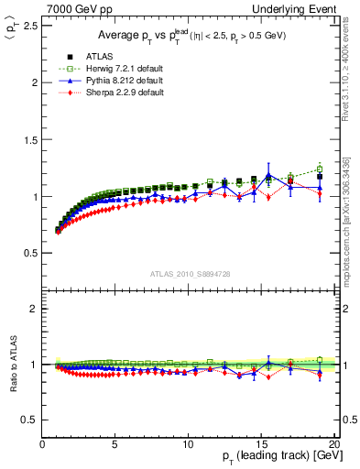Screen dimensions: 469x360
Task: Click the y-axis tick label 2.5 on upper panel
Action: (x=30, y=26)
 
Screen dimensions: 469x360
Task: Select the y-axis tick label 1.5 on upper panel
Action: (x=30, y=139)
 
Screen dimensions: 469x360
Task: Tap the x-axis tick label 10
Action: (x=188, y=444)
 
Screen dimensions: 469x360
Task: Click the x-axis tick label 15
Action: (x=260, y=444)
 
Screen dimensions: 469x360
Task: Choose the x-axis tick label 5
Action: (x=115, y=444)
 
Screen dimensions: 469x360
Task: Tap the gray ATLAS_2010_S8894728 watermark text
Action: (x=188, y=273)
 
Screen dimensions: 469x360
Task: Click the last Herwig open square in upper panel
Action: (x=319, y=169)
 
